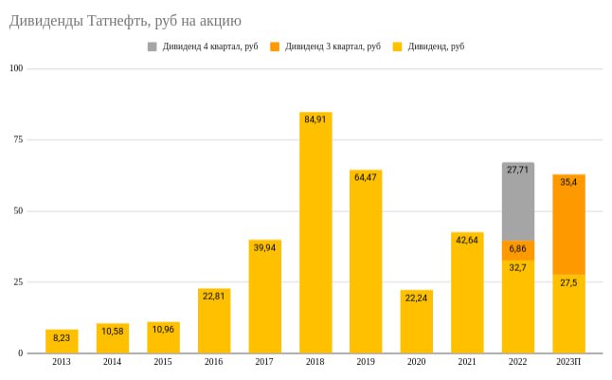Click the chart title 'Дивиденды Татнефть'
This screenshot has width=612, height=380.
pos(125,20)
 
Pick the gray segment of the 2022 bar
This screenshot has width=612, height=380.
pos(517,201)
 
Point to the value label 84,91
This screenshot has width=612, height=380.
pos(315,120)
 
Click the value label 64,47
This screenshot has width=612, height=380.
pos(366,178)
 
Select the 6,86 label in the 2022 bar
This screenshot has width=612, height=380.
pos(517,248)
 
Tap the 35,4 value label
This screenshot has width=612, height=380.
pos(568,182)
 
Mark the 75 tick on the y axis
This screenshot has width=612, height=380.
pos(17,139)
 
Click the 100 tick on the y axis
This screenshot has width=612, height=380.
pos(15,68)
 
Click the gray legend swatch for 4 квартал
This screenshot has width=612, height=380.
pos(153,46)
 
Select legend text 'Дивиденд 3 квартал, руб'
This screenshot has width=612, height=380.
pos(333,46)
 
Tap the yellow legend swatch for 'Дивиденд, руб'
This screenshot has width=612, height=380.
pos(398,46)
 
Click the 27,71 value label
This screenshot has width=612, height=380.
pos(517,171)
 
